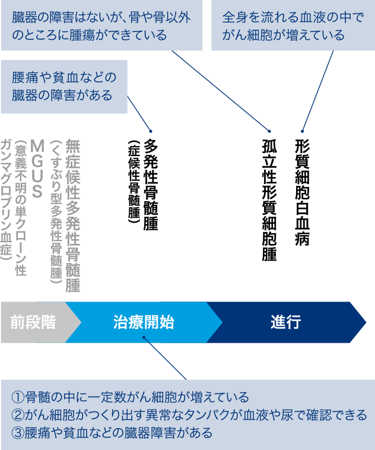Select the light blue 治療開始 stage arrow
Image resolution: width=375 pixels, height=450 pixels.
(x=144, y=322)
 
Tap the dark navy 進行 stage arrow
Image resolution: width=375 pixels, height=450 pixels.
(x=286, y=322)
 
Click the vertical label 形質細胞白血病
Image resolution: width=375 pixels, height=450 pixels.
(x=302, y=192)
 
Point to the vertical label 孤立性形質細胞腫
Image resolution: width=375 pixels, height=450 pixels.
(x=269, y=200)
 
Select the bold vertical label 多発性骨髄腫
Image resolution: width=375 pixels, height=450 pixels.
(x=151, y=185)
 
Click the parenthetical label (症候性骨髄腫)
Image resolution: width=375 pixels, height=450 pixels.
(x=134, y=182)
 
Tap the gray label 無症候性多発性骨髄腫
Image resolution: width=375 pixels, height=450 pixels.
(x=73, y=216)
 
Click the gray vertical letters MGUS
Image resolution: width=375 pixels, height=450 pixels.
(x=37, y=169)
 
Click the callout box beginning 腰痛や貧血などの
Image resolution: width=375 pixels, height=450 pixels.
(x=64, y=87)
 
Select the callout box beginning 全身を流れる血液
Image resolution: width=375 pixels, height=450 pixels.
(x=293, y=26)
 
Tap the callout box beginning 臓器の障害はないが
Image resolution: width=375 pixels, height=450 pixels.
(x=101, y=26)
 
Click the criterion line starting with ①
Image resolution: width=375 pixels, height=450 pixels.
(x=131, y=397)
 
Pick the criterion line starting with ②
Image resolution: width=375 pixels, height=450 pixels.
(x=189, y=415)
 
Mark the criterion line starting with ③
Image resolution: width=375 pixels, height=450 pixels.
(x=112, y=433)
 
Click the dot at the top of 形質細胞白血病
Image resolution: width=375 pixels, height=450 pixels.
(x=302, y=131)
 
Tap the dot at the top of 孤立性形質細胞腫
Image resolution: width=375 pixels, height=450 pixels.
(x=269, y=131)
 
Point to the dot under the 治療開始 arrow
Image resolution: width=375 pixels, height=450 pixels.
(x=144, y=337)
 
